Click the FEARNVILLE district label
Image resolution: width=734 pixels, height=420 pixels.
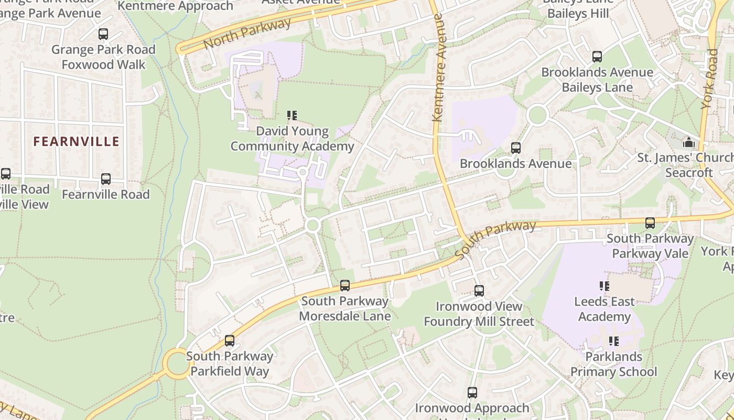coord(77,141)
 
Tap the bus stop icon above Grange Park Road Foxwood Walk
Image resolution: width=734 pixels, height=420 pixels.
coord(103,34)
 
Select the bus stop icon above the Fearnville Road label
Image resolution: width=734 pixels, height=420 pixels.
coord(106,179)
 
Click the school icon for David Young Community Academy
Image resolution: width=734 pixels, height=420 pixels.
coord(292,115)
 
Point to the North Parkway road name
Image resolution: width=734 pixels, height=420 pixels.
coord(247,33)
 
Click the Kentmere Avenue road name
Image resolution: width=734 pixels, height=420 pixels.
coord(438,68)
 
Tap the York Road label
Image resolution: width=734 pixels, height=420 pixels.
coord(710,79)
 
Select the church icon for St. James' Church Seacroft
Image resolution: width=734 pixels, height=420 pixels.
coord(688,142)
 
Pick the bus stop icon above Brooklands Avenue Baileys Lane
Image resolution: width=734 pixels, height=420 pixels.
coord(597,57)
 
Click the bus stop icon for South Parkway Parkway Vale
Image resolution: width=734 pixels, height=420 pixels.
coord(650,223)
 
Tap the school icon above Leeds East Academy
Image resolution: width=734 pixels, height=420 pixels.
coord(605,286)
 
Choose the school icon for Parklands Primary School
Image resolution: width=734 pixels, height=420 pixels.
coord(613,341)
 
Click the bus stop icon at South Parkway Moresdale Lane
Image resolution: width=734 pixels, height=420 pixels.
coord(345,286)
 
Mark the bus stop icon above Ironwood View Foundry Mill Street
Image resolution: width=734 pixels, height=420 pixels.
coord(479,291)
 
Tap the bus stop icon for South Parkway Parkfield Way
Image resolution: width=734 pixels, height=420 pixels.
coord(230,341)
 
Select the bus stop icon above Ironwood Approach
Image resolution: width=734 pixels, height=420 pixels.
coord(472,393)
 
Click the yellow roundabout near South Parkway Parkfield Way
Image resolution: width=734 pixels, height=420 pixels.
coord(176,363)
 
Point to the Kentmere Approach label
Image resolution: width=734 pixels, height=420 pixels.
coord(175,6)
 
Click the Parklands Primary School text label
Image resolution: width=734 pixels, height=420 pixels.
coord(613,364)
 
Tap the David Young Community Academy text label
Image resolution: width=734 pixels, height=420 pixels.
coord(293,139)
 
